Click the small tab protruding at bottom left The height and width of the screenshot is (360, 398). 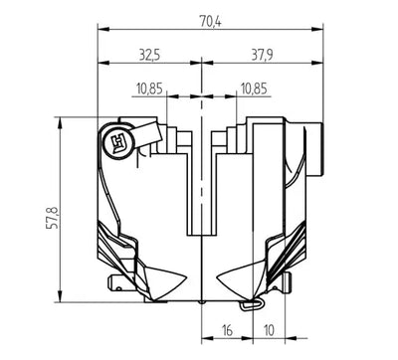tap(120, 289)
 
